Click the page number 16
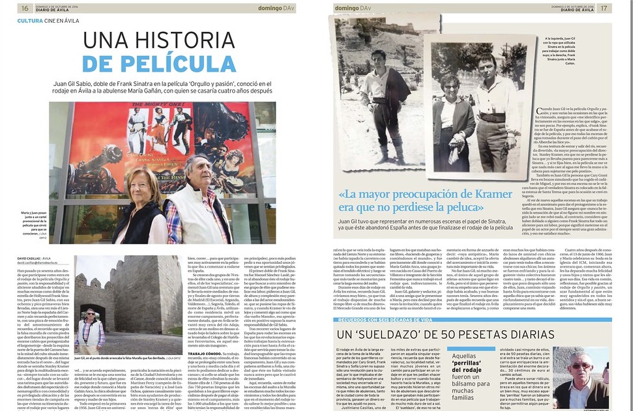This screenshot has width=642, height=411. click(25, 8)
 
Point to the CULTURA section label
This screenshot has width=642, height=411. click(31, 21)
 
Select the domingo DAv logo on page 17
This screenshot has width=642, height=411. click(355, 8)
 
